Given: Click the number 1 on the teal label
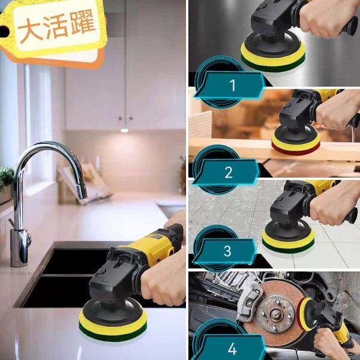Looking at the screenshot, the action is (x=233, y=85).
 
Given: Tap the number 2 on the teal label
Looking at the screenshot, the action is (x=229, y=172).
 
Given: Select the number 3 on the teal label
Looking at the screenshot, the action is (x=227, y=251).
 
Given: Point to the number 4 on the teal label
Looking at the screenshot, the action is (x=232, y=349).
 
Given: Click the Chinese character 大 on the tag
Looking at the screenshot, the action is (x=31, y=31).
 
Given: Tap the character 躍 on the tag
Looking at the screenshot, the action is (x=82, y=22).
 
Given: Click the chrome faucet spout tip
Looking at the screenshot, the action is (x=82, y=194).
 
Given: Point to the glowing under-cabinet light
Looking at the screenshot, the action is (x=124, y=130).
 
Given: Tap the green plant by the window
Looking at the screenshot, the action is (x=7, y=177).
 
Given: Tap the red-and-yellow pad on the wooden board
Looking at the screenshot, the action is (x=296, y=145).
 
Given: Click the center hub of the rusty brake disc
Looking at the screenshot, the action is (x=275, y=312).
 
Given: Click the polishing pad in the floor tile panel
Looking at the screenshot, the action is (x=289, y=242).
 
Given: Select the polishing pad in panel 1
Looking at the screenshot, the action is (x=273, y=57).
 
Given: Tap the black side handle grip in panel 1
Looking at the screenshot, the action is (x=349, y=26).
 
